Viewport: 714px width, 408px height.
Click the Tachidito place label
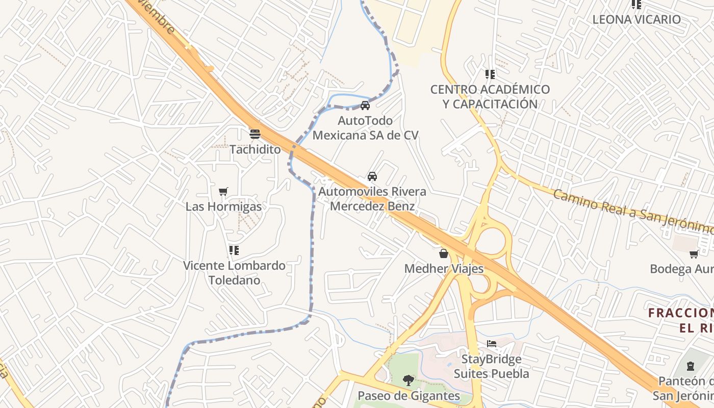tap(255, 149)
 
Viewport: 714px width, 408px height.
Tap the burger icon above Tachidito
tap(255, 134)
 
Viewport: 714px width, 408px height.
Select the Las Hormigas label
tap(223, 207)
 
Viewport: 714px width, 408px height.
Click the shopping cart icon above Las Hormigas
tap(223, 191)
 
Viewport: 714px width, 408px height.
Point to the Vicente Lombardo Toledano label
tap(234, 273)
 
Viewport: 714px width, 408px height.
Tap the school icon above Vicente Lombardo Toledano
tap(234, 250)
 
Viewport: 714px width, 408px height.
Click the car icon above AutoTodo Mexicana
tap(365, 106)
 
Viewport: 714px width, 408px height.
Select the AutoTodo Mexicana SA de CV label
tap(365, 128)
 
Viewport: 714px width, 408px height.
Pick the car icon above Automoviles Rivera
tap(372, 176)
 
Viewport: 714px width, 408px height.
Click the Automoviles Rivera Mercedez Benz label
tap(372, 199)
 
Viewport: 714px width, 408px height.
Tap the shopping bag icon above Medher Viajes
tap(444, 253)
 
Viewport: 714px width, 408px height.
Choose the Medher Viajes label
tap(444, 268)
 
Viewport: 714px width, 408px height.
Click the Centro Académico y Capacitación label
tap(490, 96)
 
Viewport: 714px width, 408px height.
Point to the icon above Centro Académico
tap(490, 74)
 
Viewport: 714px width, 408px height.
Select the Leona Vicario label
tap(636, 19)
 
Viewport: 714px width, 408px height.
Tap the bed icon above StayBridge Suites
tap(492, 343)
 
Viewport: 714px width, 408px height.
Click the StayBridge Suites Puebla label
tap(492, 366)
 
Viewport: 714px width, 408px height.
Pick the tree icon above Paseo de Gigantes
tap(409, 380)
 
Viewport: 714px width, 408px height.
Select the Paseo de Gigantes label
tap(409, 396)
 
